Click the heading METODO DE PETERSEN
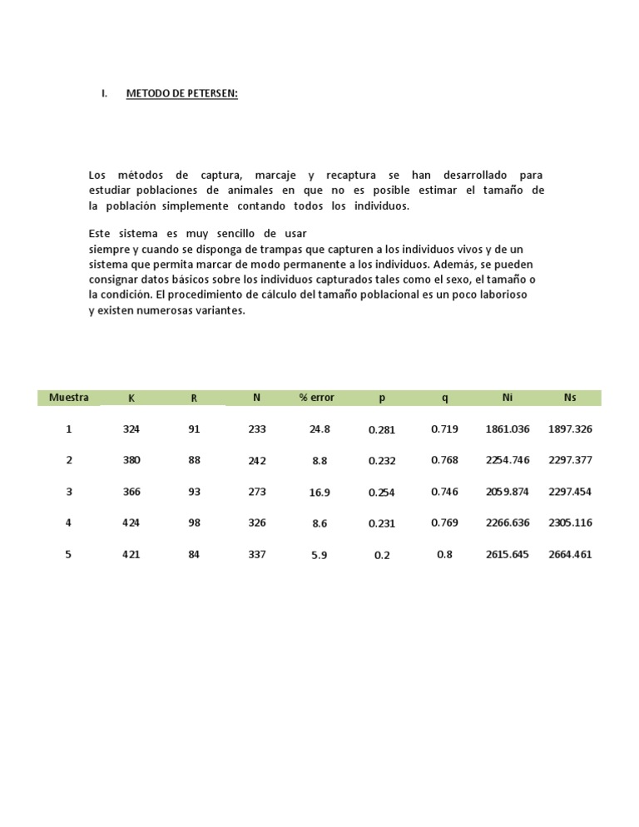(x=181, y=94)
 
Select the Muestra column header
(x=69, y=398)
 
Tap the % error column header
(x=317, y=398)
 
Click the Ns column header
(x=570, y=398)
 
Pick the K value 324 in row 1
(x=131, y=429)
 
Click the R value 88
(x=194, y=460)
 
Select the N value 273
(x=257, y=492)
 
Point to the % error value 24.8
(x=319, y=429)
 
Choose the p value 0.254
(x=382, y=493)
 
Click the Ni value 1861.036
(x=508, y=429)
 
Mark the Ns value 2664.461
(x=570, y=554)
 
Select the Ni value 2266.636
(x=508, y=523)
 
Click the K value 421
(x=131, y=554)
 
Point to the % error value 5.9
(x=319, y=555)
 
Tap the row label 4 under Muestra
(x=69, y=523)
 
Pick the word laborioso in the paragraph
(x=500, y=295)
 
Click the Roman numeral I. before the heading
(x=104, y=94)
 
